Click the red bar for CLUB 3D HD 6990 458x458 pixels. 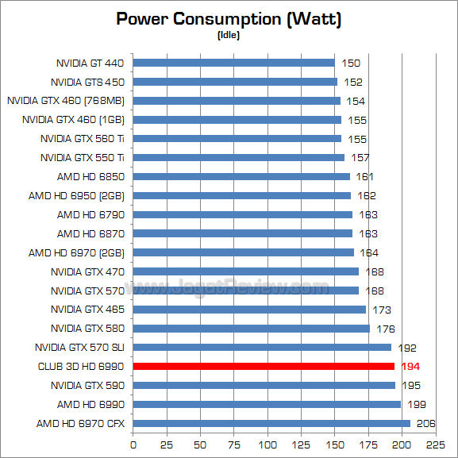pos(264,366)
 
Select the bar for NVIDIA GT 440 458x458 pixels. pos(234,63)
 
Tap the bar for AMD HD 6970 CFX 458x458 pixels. pos(271,423)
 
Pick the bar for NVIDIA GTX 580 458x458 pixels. pos(252,328)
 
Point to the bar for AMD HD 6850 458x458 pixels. pos(241,176)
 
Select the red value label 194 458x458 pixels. pos(410,366)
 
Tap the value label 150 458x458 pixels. pos(351,63)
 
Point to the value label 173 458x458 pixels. pos(383,310)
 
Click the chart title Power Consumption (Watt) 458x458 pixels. pos(229,18)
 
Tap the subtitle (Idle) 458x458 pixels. pos(229,34)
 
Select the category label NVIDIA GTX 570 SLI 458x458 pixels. pos(80,347)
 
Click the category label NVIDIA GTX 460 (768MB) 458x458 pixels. pos(67,101)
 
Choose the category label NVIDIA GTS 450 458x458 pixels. pos(88,82)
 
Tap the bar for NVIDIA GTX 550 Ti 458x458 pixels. pos(239,157)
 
